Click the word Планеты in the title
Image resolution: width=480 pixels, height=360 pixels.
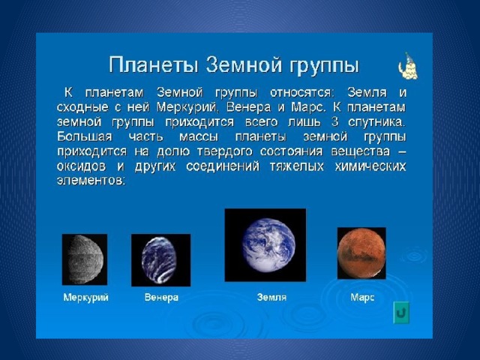[154, 65]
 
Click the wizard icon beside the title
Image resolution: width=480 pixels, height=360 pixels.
[408, 67]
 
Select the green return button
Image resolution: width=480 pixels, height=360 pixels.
[401, 313]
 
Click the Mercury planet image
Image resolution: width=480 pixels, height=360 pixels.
[85, 259]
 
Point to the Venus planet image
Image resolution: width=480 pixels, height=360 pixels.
[160, 260]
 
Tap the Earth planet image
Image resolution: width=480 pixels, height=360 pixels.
[265, 245]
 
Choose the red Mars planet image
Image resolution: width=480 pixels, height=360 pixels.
[361, 253]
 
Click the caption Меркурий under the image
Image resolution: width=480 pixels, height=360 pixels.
[86, 297]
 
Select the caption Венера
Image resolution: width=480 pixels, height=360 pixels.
[161, 297]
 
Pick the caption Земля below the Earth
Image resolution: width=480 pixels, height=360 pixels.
[271, 297]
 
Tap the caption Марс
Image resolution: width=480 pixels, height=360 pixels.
[362, 297]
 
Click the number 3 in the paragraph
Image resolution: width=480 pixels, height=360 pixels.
[335, 121]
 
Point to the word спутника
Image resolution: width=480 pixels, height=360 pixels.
[376, 122]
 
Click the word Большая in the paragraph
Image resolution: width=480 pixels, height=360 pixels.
[85, 136]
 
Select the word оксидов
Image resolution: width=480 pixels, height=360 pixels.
[82, 166]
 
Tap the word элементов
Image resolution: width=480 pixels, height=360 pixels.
[91, 181]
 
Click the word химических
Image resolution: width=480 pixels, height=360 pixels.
[370, 166]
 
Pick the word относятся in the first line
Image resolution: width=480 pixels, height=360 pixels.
[300, 92]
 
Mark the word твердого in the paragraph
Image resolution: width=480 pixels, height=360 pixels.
[225, 152]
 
